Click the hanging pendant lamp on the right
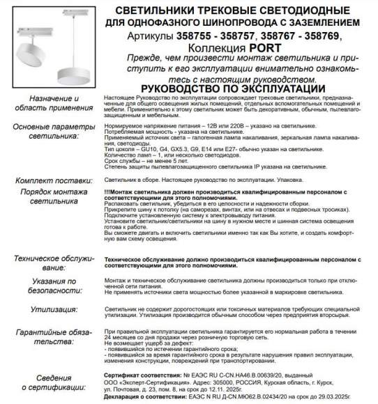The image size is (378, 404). (x=71, y=60)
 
